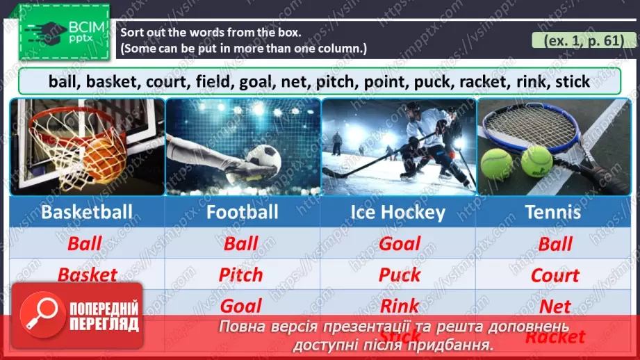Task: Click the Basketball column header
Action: click(x=87, y=212)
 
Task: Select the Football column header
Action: click(x=242, y=212)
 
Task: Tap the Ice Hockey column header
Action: click(x=397, y=212)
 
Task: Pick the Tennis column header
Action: click(x=553, y=212)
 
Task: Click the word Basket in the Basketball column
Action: click(x=88, y=275)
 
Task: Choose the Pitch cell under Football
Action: click(x=241, y=275)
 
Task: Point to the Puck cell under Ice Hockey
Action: click(x=400, y=275)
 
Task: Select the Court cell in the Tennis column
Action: click(x=555, y=275)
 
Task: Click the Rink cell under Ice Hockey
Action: click(x=400, y=305)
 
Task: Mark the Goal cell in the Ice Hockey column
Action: click(x=400, y=243)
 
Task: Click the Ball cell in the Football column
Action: click(x=241, y=244)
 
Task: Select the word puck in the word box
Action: click(x=434, y=81)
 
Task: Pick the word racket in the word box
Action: click(x=484, y=81)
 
